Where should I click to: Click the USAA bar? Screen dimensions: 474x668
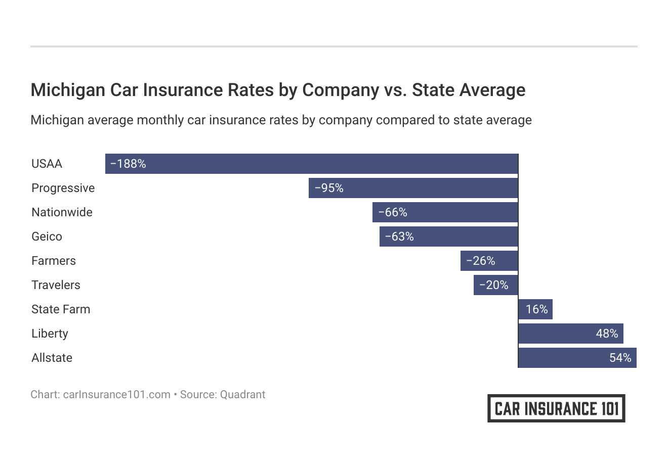(311, 164)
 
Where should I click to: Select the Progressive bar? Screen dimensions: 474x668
(413, 188)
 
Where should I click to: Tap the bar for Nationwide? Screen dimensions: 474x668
(445, 212)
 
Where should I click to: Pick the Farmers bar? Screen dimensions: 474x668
(489, 261)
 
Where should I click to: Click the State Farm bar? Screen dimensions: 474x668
(535, 309)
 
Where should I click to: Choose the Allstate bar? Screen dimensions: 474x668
(577, 358)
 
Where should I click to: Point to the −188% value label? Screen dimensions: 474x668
(128, 164)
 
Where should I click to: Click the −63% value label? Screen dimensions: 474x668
(399, 236)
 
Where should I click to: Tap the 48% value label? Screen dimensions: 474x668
(607, 334)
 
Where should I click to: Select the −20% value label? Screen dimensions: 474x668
(493, 285)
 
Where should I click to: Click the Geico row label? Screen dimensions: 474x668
(47, 236)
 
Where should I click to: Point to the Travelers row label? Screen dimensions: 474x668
(56, 285)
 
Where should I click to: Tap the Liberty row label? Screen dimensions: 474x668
(50, 334)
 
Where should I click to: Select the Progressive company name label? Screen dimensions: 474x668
(63, 188)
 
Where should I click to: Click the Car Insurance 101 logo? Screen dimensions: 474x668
(556, 408)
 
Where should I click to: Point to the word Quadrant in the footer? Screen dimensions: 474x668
(242, 395)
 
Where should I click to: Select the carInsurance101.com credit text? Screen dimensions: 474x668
(116, 395)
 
